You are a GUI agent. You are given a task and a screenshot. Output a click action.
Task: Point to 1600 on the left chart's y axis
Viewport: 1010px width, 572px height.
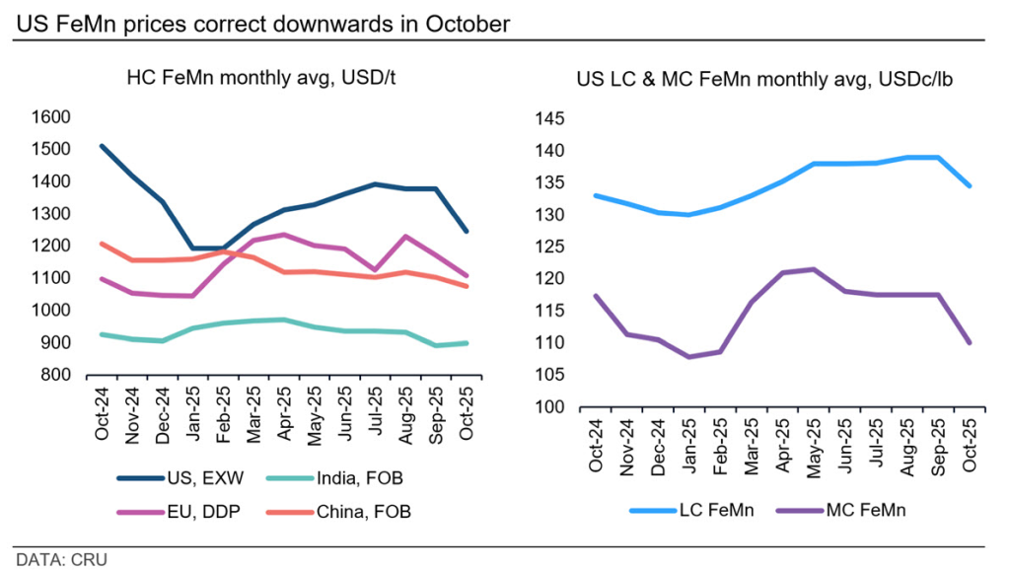point(51,117)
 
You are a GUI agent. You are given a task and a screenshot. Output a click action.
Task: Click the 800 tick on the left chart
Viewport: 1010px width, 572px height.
point(56,375)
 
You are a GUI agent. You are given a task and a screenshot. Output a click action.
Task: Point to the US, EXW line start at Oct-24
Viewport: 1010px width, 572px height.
point(103,146)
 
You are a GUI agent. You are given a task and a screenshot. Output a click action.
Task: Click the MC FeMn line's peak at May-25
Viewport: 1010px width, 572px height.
point(813,269)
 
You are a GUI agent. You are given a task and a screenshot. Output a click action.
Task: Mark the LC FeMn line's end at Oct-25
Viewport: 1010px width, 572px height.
point(970,185)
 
